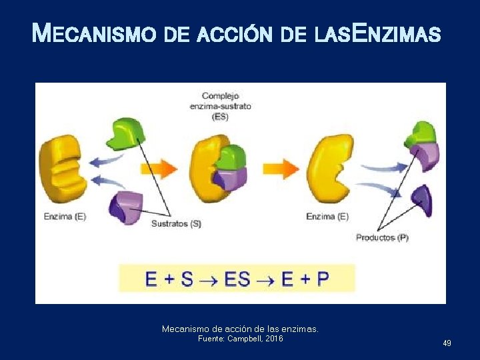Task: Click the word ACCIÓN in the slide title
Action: tap(235, 33)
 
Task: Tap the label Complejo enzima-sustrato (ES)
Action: tap(226, 106)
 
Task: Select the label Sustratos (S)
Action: tap(176, 224)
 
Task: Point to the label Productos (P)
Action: tap(382, 237)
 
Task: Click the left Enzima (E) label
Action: tap(65, 216)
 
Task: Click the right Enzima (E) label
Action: tap(327, 216)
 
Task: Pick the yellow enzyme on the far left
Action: tap(63, 169)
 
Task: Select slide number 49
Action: tap(447, 343)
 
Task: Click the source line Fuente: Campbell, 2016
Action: tap(240, 339)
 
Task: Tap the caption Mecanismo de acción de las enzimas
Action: tap(240, 329)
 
